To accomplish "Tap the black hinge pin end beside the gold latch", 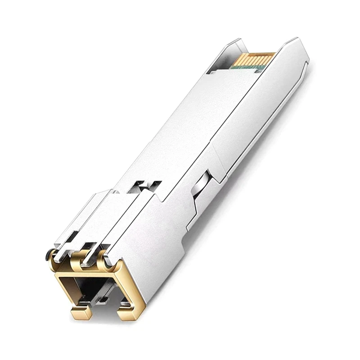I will tap(48, 255).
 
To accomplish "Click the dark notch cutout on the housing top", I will tap(146, 185).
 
